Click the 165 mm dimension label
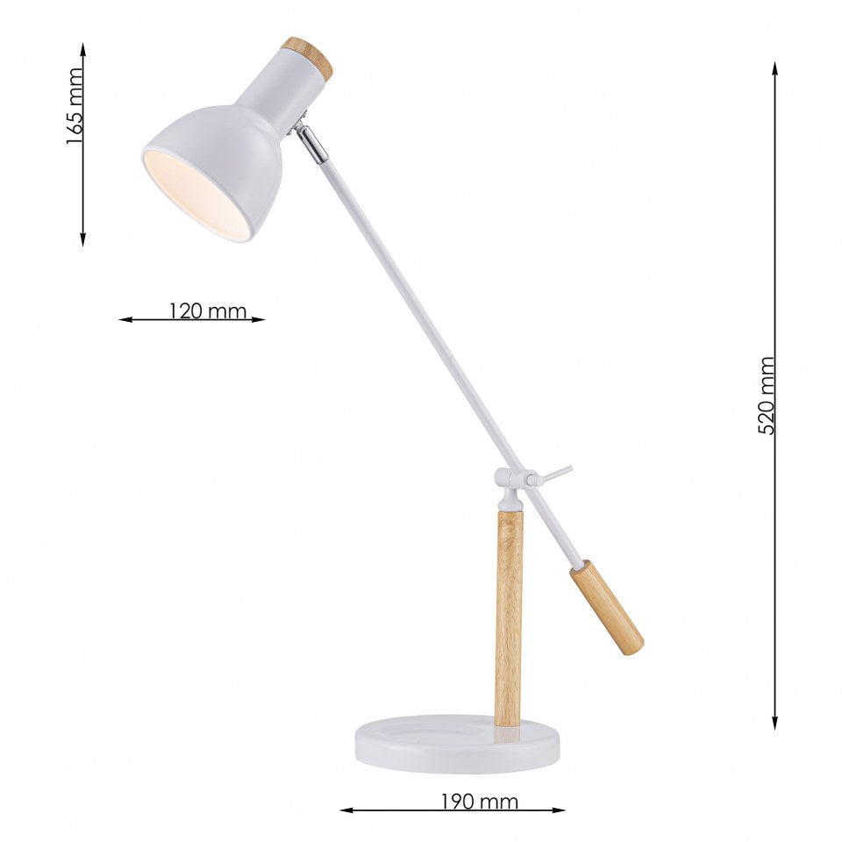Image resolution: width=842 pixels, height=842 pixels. tap(75, 106)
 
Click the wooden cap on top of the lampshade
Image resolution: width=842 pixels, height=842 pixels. tap(309, 57)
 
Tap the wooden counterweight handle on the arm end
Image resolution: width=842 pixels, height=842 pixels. tap(607, 607)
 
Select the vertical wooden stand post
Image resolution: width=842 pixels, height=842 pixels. tap(508, 618)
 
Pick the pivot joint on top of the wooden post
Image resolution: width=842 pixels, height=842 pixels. tap(512, 481)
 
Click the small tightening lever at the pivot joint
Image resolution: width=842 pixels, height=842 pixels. tap(556, 474)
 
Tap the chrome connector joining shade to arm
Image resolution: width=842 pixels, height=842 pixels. tap(311, 143)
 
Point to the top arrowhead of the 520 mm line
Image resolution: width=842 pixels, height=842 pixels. tap(775, 67)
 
